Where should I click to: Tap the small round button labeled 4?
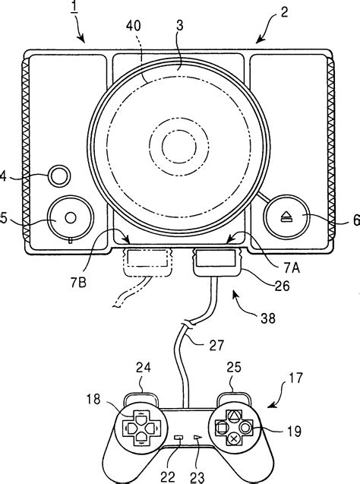58,177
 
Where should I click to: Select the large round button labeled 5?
68,217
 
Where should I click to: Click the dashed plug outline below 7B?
146,264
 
